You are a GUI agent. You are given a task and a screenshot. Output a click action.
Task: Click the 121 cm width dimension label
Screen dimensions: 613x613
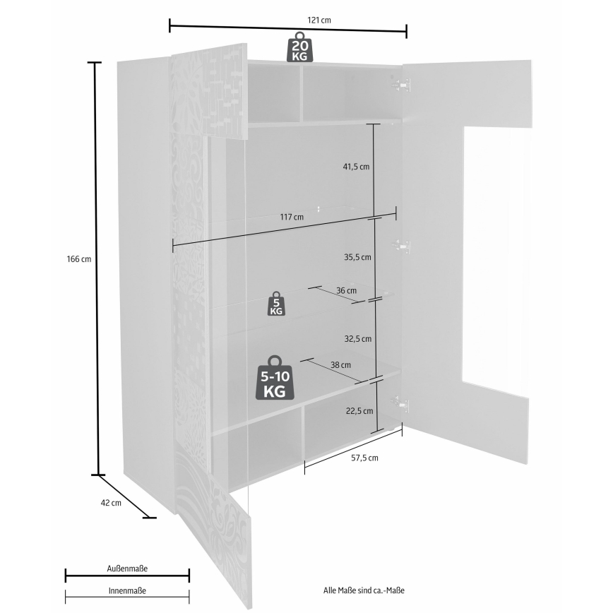(x=321, y=20)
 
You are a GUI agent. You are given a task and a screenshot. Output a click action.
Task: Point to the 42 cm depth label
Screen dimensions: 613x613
(x=112, y=503)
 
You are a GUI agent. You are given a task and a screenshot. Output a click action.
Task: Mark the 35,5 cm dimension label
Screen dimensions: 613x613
(x=357, y=257)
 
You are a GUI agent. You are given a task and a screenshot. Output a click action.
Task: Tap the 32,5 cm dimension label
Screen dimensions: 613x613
(x=357, y=339)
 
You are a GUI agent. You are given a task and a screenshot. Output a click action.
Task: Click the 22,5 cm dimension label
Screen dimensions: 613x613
(x=357, y=410)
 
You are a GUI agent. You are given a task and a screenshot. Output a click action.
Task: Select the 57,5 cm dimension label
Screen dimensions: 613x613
(x=364, y=458)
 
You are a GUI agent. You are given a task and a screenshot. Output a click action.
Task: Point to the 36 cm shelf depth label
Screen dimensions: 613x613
(x=346, y=290)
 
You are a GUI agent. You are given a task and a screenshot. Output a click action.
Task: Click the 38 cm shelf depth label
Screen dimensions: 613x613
(x=340, y=364)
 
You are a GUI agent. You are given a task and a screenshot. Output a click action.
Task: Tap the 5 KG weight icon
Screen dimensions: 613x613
(x=276, y=304)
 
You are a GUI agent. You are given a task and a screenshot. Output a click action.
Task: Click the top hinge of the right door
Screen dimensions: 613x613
(x=403, y=84)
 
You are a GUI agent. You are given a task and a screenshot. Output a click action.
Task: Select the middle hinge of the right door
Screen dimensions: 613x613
(x=403, y=246)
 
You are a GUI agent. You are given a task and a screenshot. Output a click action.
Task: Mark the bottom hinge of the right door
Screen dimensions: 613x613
(x=403, y=404)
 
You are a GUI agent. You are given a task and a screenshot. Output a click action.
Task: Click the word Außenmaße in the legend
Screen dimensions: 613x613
(x=127, y=568)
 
